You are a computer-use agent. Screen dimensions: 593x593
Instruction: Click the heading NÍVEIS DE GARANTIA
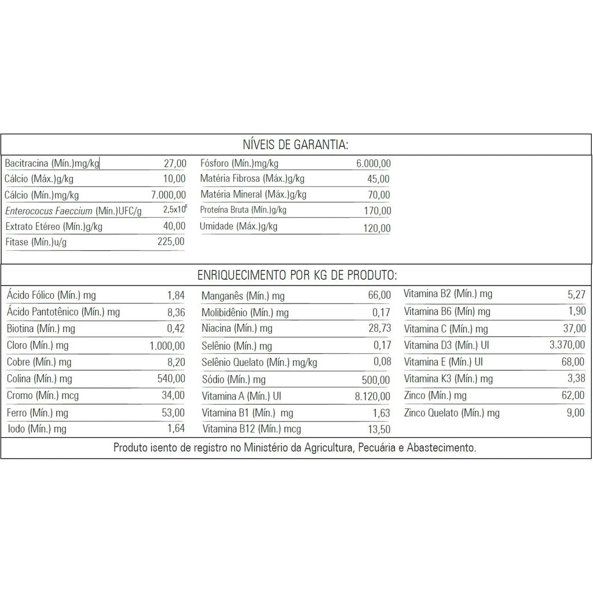pos(296,144)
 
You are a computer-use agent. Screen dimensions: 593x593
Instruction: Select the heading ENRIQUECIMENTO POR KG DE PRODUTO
pos(297,274)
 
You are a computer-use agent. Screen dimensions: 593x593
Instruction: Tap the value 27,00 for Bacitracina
pos(175,164)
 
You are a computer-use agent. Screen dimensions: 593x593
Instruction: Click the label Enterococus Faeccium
pos(49,211)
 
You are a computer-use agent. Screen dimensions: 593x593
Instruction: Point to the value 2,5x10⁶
pos(175,210)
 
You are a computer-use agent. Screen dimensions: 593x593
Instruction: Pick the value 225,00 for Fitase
pos(171,241)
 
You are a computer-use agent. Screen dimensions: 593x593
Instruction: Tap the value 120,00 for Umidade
pos(377,228)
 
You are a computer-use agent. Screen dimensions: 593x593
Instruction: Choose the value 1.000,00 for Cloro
pos(167,346)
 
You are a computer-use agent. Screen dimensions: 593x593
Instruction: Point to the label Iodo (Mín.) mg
pos(36,429)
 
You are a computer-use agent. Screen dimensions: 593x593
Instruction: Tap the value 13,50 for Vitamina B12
pos(379,429)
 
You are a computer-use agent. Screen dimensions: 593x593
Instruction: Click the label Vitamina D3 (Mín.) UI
pos(443,346)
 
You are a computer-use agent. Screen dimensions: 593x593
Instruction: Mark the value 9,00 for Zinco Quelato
pos(576,413)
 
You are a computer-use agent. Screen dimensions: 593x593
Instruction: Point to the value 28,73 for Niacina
pos(379,328)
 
